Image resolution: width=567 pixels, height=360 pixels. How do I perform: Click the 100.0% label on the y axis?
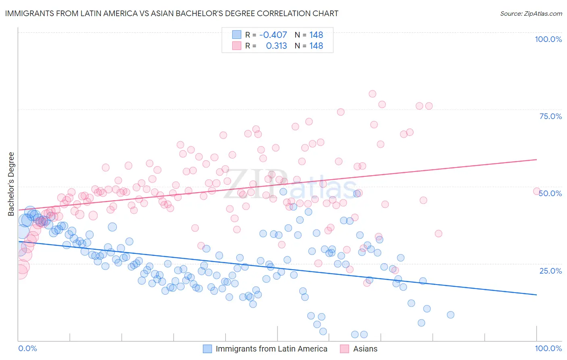(x=548, y=39)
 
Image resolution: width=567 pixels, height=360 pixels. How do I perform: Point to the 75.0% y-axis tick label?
(x=550, y=116)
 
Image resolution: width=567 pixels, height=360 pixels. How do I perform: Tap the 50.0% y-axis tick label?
(x=550, y=193)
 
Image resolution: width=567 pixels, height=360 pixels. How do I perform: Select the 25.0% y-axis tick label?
(x=550, y=270)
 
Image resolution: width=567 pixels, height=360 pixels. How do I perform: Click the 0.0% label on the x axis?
(x=28, y=348)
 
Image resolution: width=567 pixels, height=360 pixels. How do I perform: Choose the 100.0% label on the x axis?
(x=548, y=348)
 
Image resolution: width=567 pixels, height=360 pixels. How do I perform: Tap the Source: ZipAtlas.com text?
(x=531, y=13)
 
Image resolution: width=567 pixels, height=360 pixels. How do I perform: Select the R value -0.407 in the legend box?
(x=273, y=35)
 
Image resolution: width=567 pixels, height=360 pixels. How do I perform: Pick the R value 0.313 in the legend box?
(x=276, y=46)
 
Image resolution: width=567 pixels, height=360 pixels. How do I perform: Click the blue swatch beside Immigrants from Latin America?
(x=207, y=349)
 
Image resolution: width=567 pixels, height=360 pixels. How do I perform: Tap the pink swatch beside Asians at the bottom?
(x=344, y=349)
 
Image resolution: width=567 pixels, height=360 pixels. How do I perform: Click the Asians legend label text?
(x=365, y=349)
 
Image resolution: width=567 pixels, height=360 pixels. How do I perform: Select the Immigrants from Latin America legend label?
(x=271, y=349)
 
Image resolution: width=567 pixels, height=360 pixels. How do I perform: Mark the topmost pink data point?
(x=372, y=94)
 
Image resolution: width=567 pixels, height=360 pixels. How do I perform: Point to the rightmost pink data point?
(x=537, y=191)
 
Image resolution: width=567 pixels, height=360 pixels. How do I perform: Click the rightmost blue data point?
(x=450, y=315)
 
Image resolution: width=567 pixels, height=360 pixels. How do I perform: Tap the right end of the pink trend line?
(x=537, y=159)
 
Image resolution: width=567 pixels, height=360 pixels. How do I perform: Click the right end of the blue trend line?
(x=537, y=295)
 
